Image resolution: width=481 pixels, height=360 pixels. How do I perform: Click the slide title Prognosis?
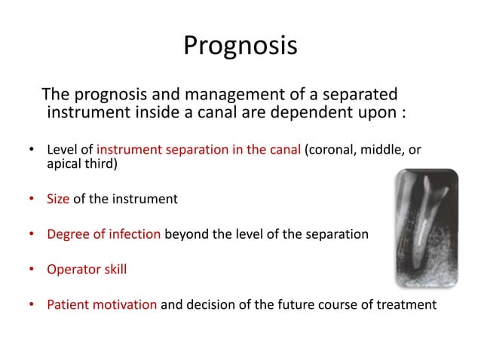point(240,47)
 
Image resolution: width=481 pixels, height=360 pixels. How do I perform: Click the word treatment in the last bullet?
point(409,304)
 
